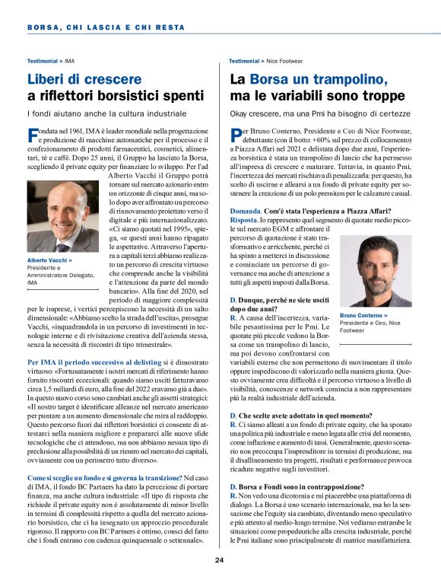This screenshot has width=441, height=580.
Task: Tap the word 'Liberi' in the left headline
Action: (49, 78)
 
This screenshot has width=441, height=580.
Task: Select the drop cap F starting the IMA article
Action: (32, 135)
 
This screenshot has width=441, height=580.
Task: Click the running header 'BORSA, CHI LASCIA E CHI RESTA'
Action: (106, 27)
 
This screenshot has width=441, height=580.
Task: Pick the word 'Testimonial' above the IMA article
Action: (43, 59)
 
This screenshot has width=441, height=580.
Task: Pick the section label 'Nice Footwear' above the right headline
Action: (284, 59)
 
